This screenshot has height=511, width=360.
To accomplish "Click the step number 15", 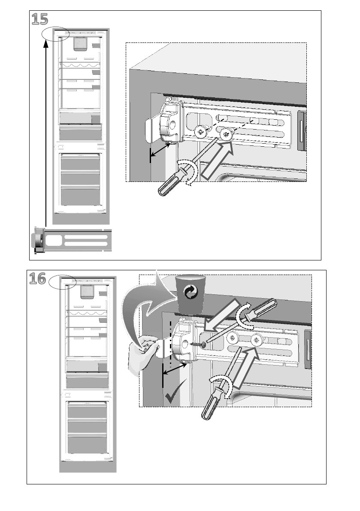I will coord(39,19).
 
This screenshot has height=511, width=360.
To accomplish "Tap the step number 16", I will coord(38,279).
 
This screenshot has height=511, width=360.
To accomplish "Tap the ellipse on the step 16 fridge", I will coord(62,283).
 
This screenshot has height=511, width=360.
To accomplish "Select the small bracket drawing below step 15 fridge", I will coord(71,241).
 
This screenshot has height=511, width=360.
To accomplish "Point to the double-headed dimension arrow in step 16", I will coord(175,369).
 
